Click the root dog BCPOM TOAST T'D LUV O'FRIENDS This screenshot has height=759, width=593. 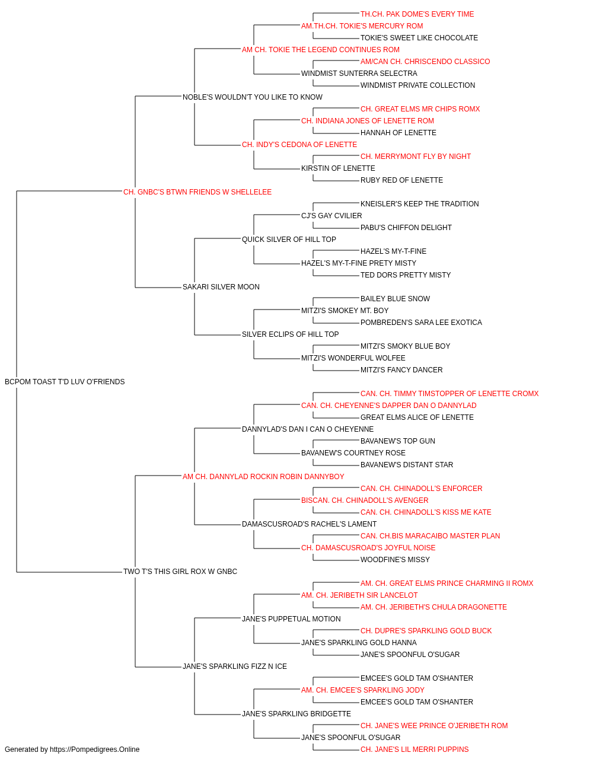tap(65, 382)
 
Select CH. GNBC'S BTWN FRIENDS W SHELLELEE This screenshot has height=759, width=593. tap(197, 192)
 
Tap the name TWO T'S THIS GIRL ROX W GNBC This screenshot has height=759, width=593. tap(180, 572)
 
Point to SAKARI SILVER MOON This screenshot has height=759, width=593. tap(221, 287)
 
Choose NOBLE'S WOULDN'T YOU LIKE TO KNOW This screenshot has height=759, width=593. tap(253, 97)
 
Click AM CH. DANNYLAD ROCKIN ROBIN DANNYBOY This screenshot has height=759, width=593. tap(263, 477)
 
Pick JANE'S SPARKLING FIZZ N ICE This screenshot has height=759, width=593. tap(235, 666)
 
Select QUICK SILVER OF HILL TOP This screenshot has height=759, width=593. tap(289, 240)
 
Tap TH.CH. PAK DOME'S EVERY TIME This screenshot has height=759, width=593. tap(417, 14)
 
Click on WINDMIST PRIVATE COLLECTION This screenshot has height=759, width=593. tap(417, 85)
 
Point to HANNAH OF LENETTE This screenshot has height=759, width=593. tap(398, 133)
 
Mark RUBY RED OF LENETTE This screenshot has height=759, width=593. tap(401, 180)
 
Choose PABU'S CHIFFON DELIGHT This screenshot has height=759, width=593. tap(406, 228)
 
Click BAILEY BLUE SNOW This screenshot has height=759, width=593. tap(395, 299)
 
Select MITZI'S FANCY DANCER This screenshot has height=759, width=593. tap(401, 370)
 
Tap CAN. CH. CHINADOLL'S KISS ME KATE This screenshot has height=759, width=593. tap(426, 512)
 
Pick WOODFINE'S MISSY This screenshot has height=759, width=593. tap(395, 560)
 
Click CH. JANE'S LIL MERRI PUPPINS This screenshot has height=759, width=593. tap(415, 750)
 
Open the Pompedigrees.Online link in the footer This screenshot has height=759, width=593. tap(94, 750)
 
